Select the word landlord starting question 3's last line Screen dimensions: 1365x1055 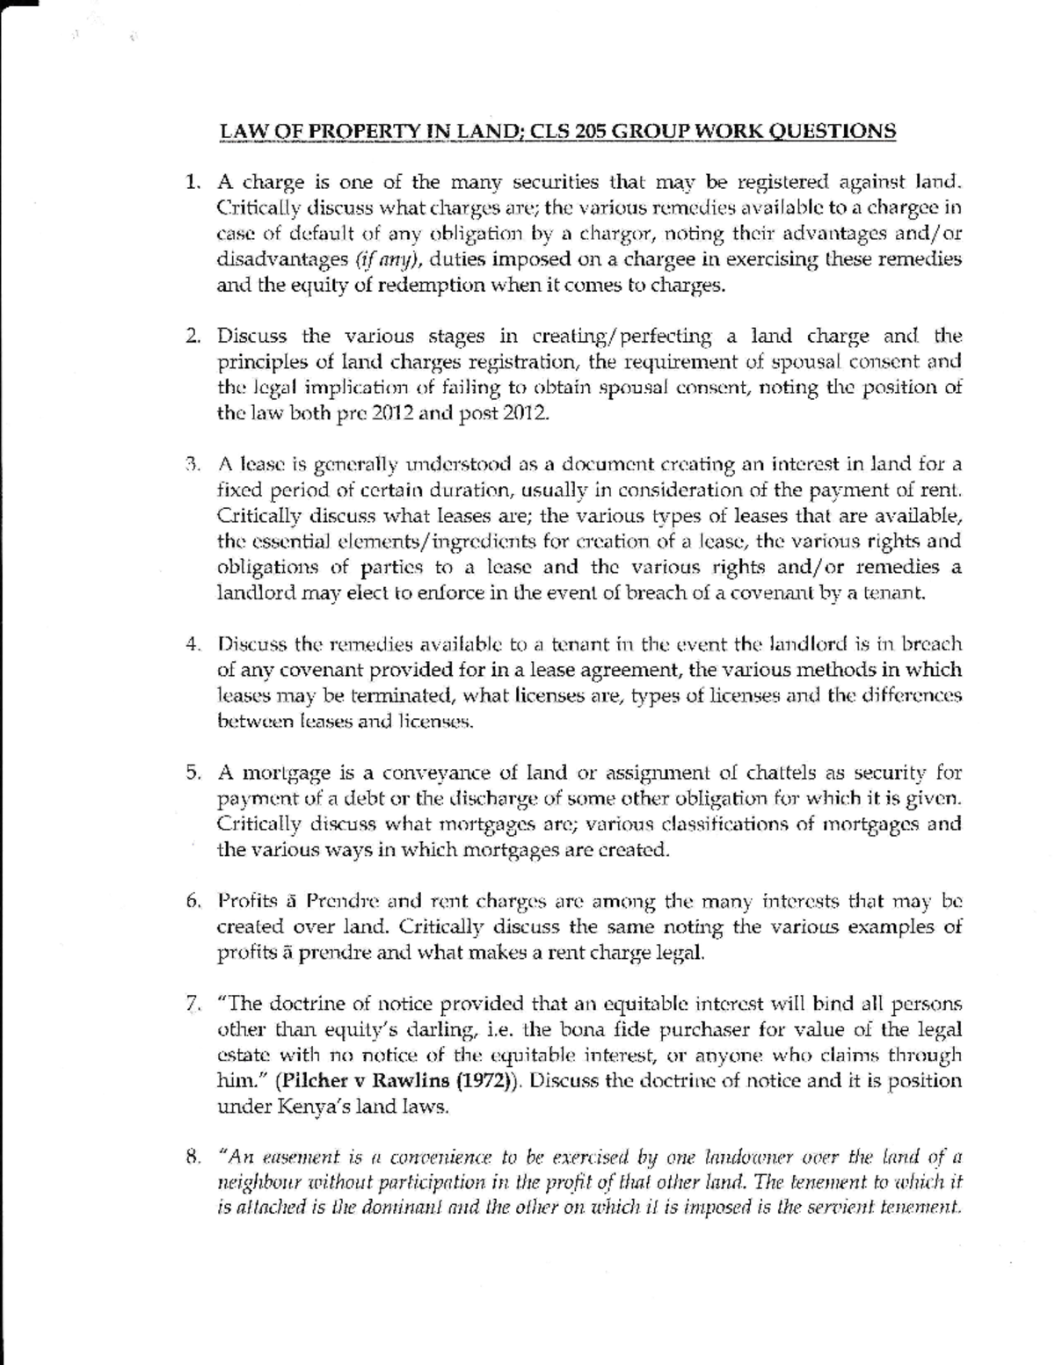250,592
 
